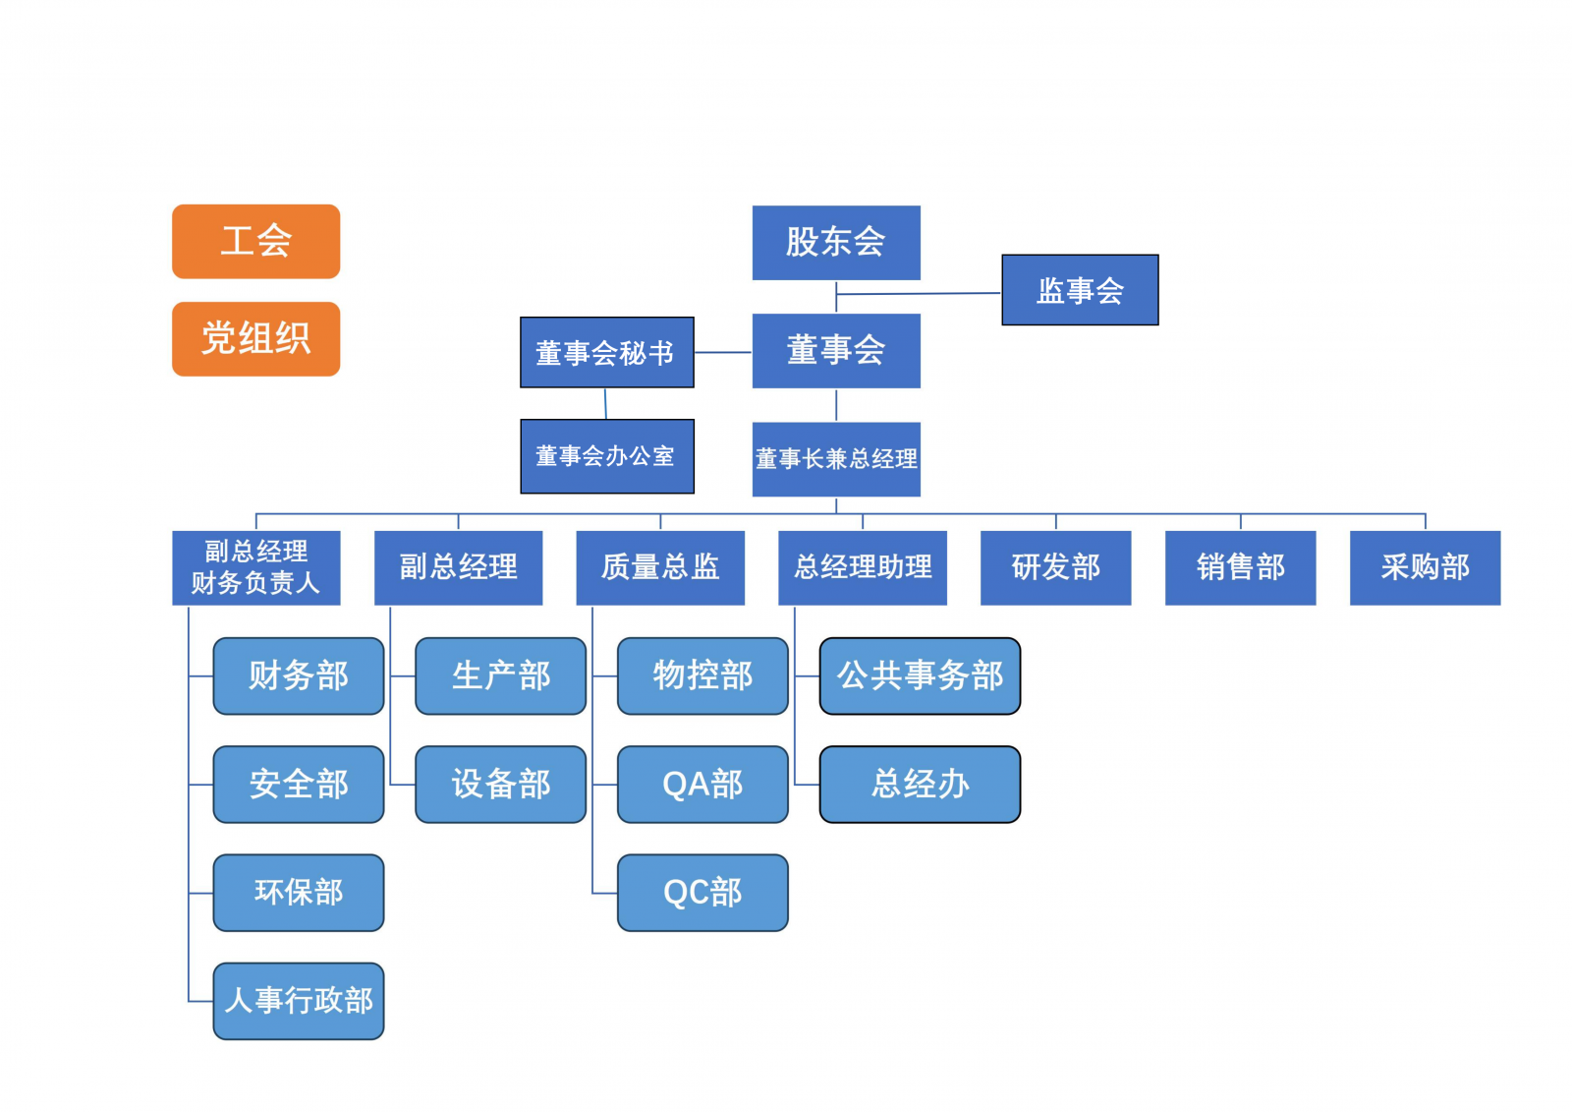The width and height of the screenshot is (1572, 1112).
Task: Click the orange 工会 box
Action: coord(255,242)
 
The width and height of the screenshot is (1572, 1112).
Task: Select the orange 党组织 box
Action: coord(255,339)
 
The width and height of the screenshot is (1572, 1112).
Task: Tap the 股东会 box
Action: coord(836,243)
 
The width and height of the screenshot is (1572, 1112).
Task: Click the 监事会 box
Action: coord(1080,290)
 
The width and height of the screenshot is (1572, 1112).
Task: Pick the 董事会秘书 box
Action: coord(606,352)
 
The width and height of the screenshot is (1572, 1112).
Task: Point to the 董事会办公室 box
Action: coord(606,456)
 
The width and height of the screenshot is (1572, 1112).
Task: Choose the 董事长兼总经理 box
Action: coord(836,459)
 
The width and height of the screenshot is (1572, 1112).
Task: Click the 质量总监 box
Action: coord(660,567)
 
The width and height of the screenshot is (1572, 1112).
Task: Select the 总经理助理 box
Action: coord(863,567)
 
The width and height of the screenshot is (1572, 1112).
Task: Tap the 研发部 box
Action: coord(1055,567)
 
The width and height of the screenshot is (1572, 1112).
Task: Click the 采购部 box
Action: coord(1425,567)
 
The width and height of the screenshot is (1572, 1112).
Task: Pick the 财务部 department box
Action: coord(299,675)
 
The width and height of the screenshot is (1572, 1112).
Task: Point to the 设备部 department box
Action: coord(501,784)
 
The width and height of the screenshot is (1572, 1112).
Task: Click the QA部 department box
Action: coord(702,784)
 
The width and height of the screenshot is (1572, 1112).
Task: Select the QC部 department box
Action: coord(702,892)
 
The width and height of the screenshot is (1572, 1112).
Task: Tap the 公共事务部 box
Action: coord(920,675)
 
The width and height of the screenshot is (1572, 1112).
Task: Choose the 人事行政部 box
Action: coord(299,1001)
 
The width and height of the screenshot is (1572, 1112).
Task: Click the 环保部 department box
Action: coord(299,892)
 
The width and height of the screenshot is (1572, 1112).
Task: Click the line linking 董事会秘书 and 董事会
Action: coord(723,352)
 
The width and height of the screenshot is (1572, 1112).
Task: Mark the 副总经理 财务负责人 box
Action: coord(255,567)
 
